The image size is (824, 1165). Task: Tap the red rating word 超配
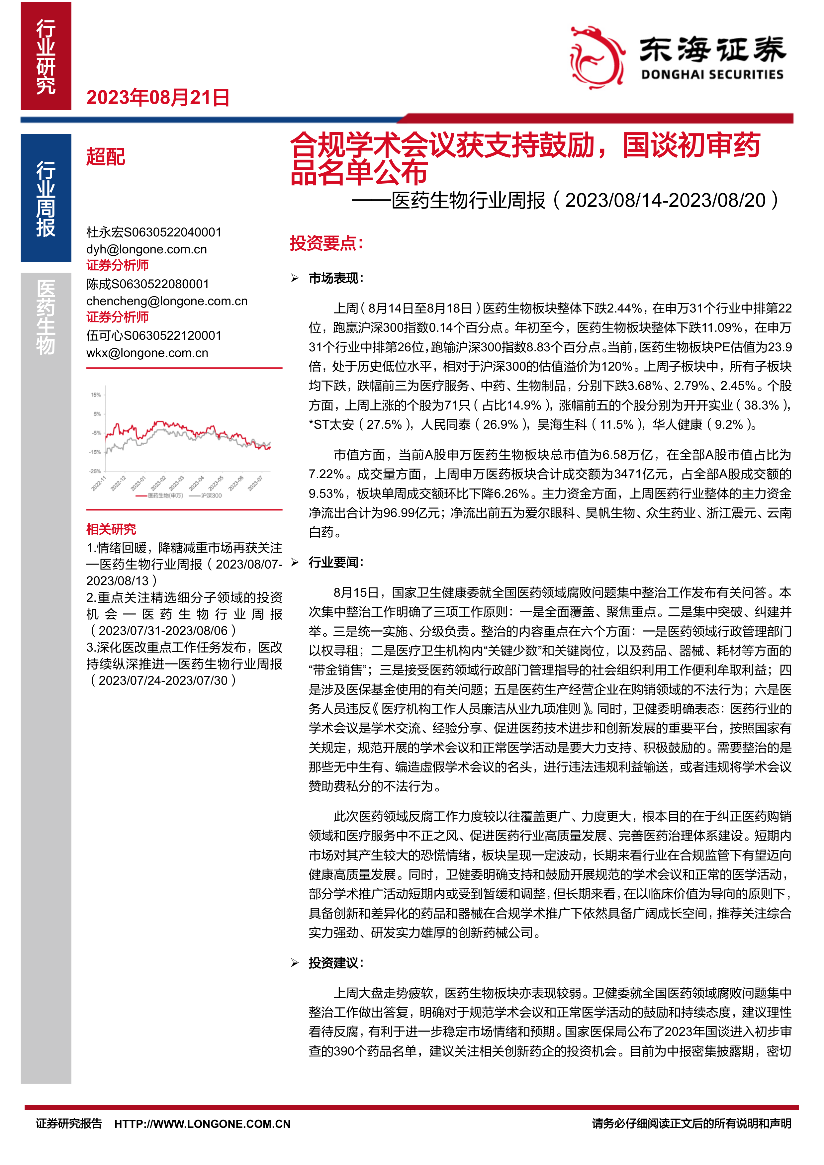click(106, 157)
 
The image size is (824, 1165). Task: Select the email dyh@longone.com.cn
click(147, 249)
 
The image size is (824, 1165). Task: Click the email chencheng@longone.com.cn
click(167, 301)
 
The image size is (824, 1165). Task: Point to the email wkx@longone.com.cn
click(147, 353)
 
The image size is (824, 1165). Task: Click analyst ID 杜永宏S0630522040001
click(154, 232)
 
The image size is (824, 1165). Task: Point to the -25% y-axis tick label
click(95, 471)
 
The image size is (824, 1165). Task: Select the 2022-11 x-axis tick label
click(98, 484)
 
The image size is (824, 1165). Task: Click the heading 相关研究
click(111, 529)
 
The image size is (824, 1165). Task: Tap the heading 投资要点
click(326, 243)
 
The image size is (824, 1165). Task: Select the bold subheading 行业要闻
click(336, 562)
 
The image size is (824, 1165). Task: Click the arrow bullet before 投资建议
click(295, 963)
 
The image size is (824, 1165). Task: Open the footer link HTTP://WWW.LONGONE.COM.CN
click(202, 1124)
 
